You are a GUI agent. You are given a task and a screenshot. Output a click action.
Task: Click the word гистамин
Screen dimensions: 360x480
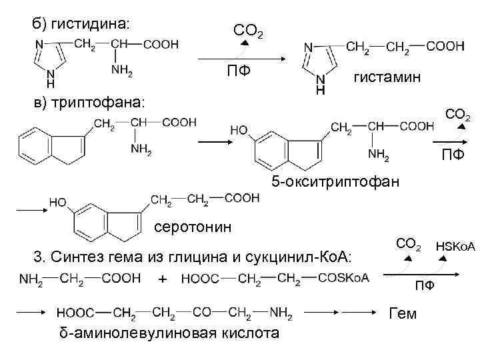(x=387, y=78)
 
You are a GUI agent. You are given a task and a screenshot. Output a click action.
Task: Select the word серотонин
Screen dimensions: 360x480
(x=193, y=227)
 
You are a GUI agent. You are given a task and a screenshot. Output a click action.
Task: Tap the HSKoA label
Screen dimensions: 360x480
(x=455, y=247)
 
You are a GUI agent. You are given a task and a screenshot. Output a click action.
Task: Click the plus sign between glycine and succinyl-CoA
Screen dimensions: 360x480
(x=163, y=279)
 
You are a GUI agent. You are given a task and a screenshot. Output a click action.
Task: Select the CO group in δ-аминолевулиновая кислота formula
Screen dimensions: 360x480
(x=202, y=311)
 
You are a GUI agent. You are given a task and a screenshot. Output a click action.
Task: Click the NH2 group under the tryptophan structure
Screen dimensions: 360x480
(x=141, y=150)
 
